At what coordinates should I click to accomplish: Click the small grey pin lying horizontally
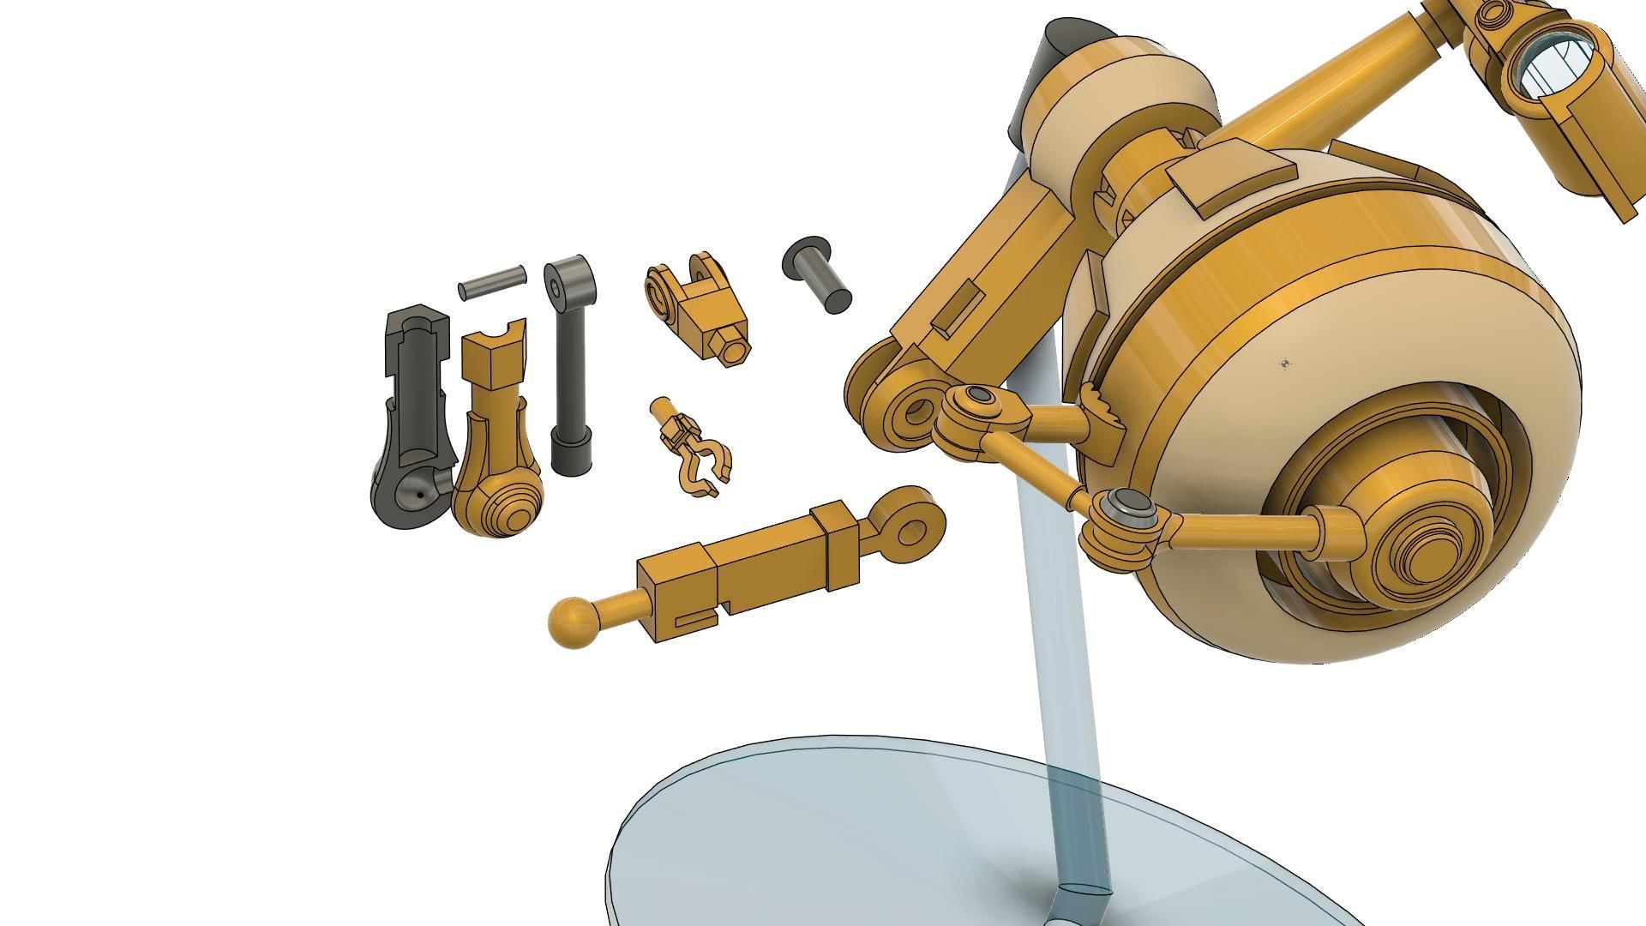click(x=492, y=282)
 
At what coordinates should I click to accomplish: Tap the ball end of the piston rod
click(x=571, y=622)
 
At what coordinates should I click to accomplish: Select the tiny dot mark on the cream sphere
click(x=1284, y=364)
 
